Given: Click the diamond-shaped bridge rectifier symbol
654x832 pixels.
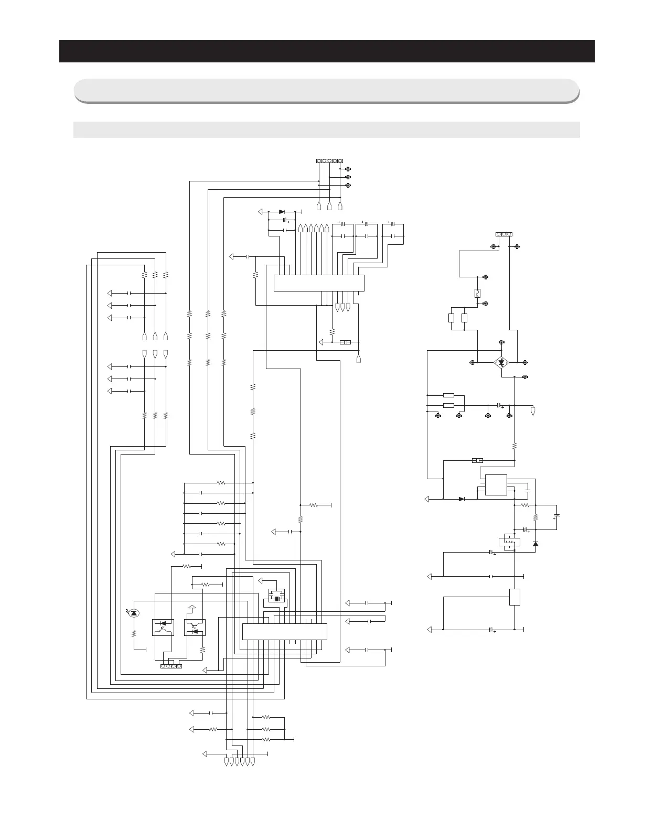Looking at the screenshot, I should [x=502, y=362].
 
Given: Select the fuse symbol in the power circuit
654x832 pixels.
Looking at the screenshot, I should [x=477, y=294].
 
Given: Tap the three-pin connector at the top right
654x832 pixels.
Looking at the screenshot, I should [x=504, y=234].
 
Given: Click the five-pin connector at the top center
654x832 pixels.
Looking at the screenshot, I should [x=329, y=160].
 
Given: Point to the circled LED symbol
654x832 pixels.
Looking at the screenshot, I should [x=134, y=612].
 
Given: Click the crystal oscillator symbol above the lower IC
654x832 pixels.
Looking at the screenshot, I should [x=276, y=598].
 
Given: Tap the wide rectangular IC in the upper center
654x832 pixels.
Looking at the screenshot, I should [x=319, y=283].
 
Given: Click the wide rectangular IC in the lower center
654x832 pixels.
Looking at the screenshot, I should [x=284, y=631].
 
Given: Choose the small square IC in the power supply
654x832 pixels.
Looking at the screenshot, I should [x=496, y=485].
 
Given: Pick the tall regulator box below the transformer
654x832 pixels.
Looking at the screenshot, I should [x=514, y=597].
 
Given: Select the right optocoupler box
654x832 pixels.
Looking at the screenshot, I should [x=195, y=628].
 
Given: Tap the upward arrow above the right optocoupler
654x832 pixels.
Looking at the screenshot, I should [x=192, y=608].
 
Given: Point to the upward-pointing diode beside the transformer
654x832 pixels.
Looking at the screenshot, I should [x=535, y=544].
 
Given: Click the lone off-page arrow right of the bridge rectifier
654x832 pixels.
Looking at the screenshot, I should [x=533, y=411].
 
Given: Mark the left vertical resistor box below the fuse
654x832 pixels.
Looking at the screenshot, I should [x=452, y=318].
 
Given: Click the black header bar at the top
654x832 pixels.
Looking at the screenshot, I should [x=327, y=51].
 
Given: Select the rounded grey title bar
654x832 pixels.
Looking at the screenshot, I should [x=327, y=90].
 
